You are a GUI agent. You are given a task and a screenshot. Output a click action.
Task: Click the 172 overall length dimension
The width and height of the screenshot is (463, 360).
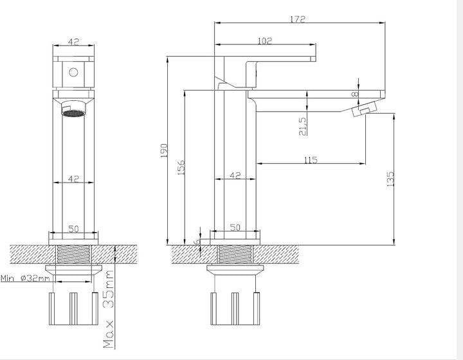coord(297,19)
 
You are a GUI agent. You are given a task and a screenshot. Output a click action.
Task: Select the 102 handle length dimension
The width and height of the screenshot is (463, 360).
coord(264,41)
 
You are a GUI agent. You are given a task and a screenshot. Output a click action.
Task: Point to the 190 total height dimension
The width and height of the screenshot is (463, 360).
coord(164,150)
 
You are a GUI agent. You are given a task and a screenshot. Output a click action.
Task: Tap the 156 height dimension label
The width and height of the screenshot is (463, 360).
coord(181,167)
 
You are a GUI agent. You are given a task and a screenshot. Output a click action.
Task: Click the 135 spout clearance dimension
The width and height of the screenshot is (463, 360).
coord(390,179)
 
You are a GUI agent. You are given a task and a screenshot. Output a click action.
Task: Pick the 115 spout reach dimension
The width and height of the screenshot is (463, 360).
coord(311,160)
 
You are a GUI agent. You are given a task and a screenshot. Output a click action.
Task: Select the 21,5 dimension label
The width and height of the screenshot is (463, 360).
coord(303,126)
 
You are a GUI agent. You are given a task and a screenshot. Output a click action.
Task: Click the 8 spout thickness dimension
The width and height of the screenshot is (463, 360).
coord(355,94)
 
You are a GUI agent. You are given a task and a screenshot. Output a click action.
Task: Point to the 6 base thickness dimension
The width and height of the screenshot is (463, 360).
coord(197,242)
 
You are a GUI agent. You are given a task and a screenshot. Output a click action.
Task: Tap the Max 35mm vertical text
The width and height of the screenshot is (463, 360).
coord(109,309)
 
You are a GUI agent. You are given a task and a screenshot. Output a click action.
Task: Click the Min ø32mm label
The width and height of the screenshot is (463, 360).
coord(25,278)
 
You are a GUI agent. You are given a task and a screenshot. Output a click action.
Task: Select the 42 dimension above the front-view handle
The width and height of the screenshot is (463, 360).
coord(73,42)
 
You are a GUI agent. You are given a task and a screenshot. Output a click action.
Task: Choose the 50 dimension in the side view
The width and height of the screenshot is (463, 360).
coord(235,228)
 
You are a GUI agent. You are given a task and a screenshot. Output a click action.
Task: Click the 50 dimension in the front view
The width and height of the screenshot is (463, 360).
coord(73,229)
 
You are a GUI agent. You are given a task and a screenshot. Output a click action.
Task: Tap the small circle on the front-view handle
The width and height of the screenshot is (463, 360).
coord(73,72)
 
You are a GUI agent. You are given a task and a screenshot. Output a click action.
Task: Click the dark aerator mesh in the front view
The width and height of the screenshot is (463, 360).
coord(73,113)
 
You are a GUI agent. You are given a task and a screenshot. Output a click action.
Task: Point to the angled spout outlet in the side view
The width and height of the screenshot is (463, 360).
coord(365,109)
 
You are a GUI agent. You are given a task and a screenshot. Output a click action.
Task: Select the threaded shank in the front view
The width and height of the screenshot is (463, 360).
coord(74,254)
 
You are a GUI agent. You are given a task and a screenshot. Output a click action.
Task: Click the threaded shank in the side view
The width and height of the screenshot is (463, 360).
coord(235,255)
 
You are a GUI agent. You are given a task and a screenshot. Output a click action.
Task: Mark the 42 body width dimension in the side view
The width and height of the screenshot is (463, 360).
coord(235,175)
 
